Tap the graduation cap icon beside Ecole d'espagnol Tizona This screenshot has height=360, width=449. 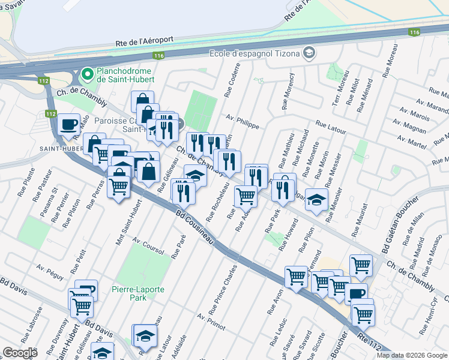[310, 54]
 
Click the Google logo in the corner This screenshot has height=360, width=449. [20, 352]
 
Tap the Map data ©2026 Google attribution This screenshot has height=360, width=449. [411, 355]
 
